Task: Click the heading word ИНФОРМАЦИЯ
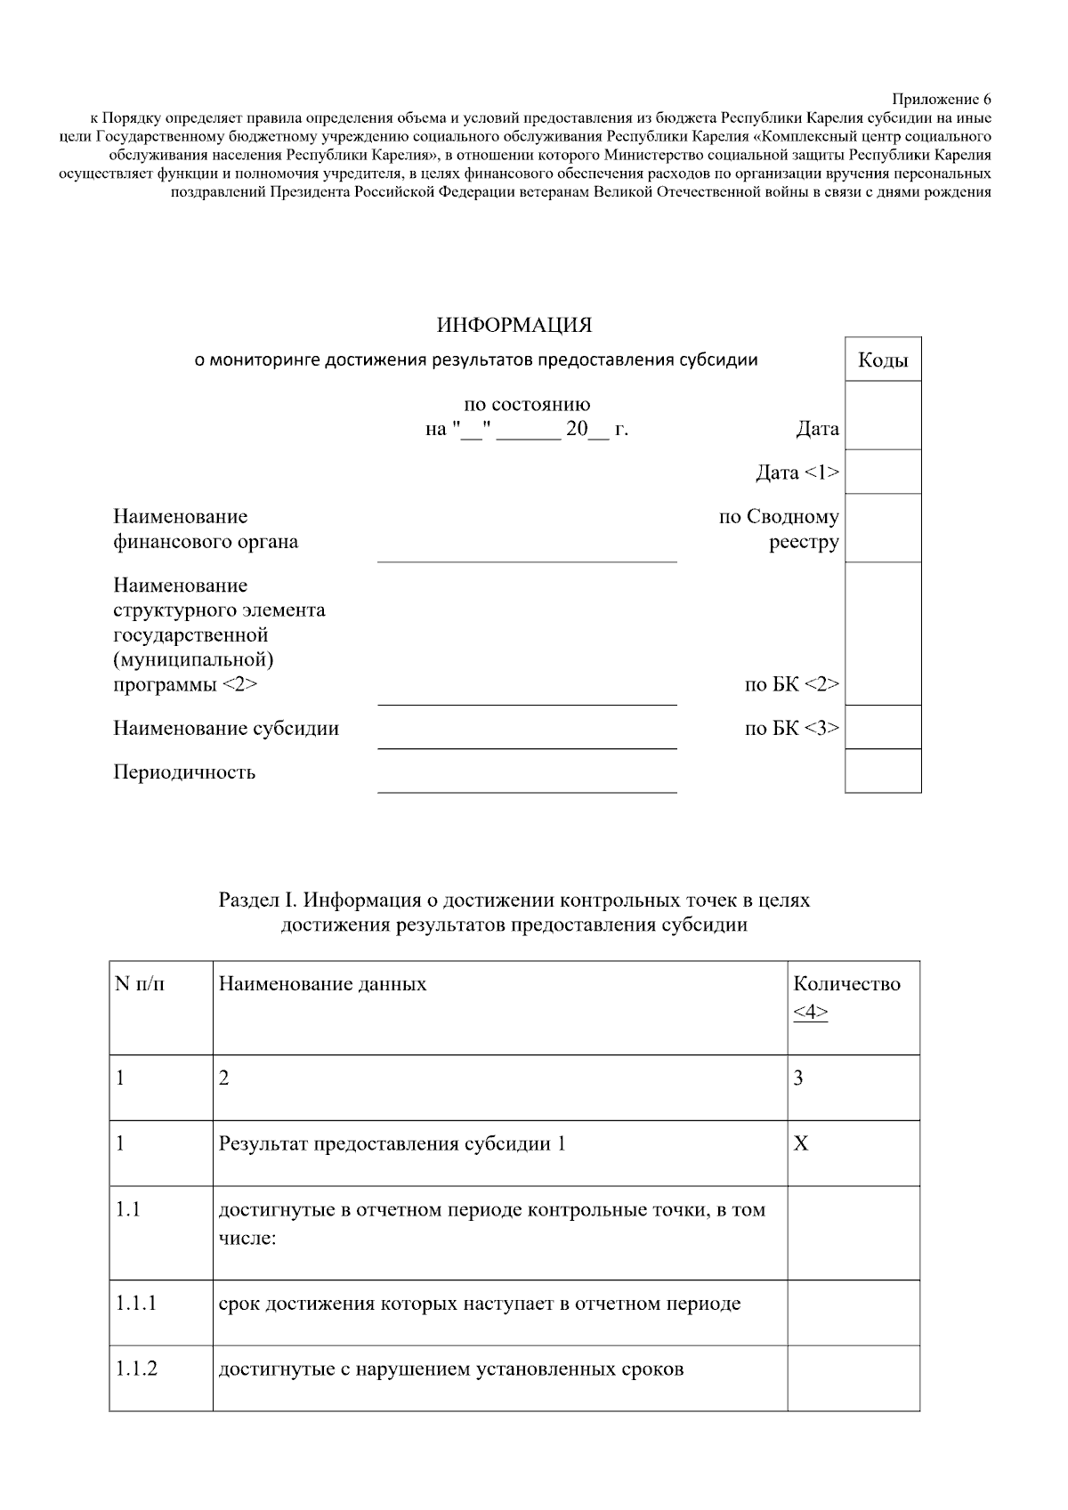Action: [x=514, y=326]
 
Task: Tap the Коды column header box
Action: [x=882, y=360]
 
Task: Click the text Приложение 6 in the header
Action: [x=941, y=99]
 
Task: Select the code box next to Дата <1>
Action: [x=882, y=472]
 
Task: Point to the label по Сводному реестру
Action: [x=780, y=529]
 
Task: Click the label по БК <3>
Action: [x=791, y=728]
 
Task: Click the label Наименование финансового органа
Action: [x=205, y=529]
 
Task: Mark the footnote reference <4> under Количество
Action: [x=810, y=1012]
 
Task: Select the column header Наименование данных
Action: [x=322, y=984]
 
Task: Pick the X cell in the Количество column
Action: [x=801, y=1143]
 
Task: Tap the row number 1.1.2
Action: [x=136, y=1369]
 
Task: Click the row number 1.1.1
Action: [x=136, y=1304]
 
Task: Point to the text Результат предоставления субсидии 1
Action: [x=392, y=1143]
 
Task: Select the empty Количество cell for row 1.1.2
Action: [x=853, y=1377]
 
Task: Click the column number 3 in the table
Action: [x=798, y=1078]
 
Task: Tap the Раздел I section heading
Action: [x=514, y=912]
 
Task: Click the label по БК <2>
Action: [x=791, y=684]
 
